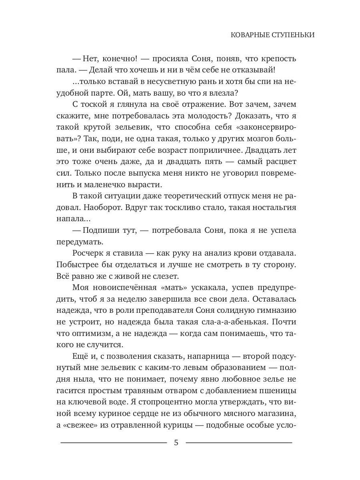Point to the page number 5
[x=176, y=443]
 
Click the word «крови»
[x=244, y=254]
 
